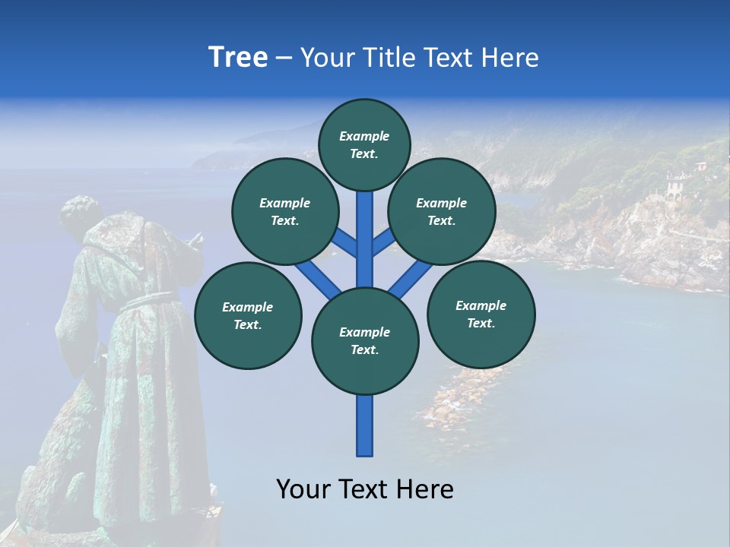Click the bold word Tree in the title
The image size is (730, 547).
[238, 57]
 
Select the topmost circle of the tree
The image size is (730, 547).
[364, 144]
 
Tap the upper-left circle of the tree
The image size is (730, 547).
[285, 211]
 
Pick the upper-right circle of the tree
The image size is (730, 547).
[441, 211]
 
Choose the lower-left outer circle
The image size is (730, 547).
[248, 315]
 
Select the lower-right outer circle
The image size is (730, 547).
[481, 314]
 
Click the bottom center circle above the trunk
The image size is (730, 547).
[365, 340]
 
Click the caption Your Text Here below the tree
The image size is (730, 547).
[365, 489]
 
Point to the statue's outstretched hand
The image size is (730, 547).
[195, 241]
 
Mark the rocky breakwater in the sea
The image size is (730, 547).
[456, 403]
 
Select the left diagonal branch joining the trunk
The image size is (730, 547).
[316, 277]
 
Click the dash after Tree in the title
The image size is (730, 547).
[284, 58]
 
